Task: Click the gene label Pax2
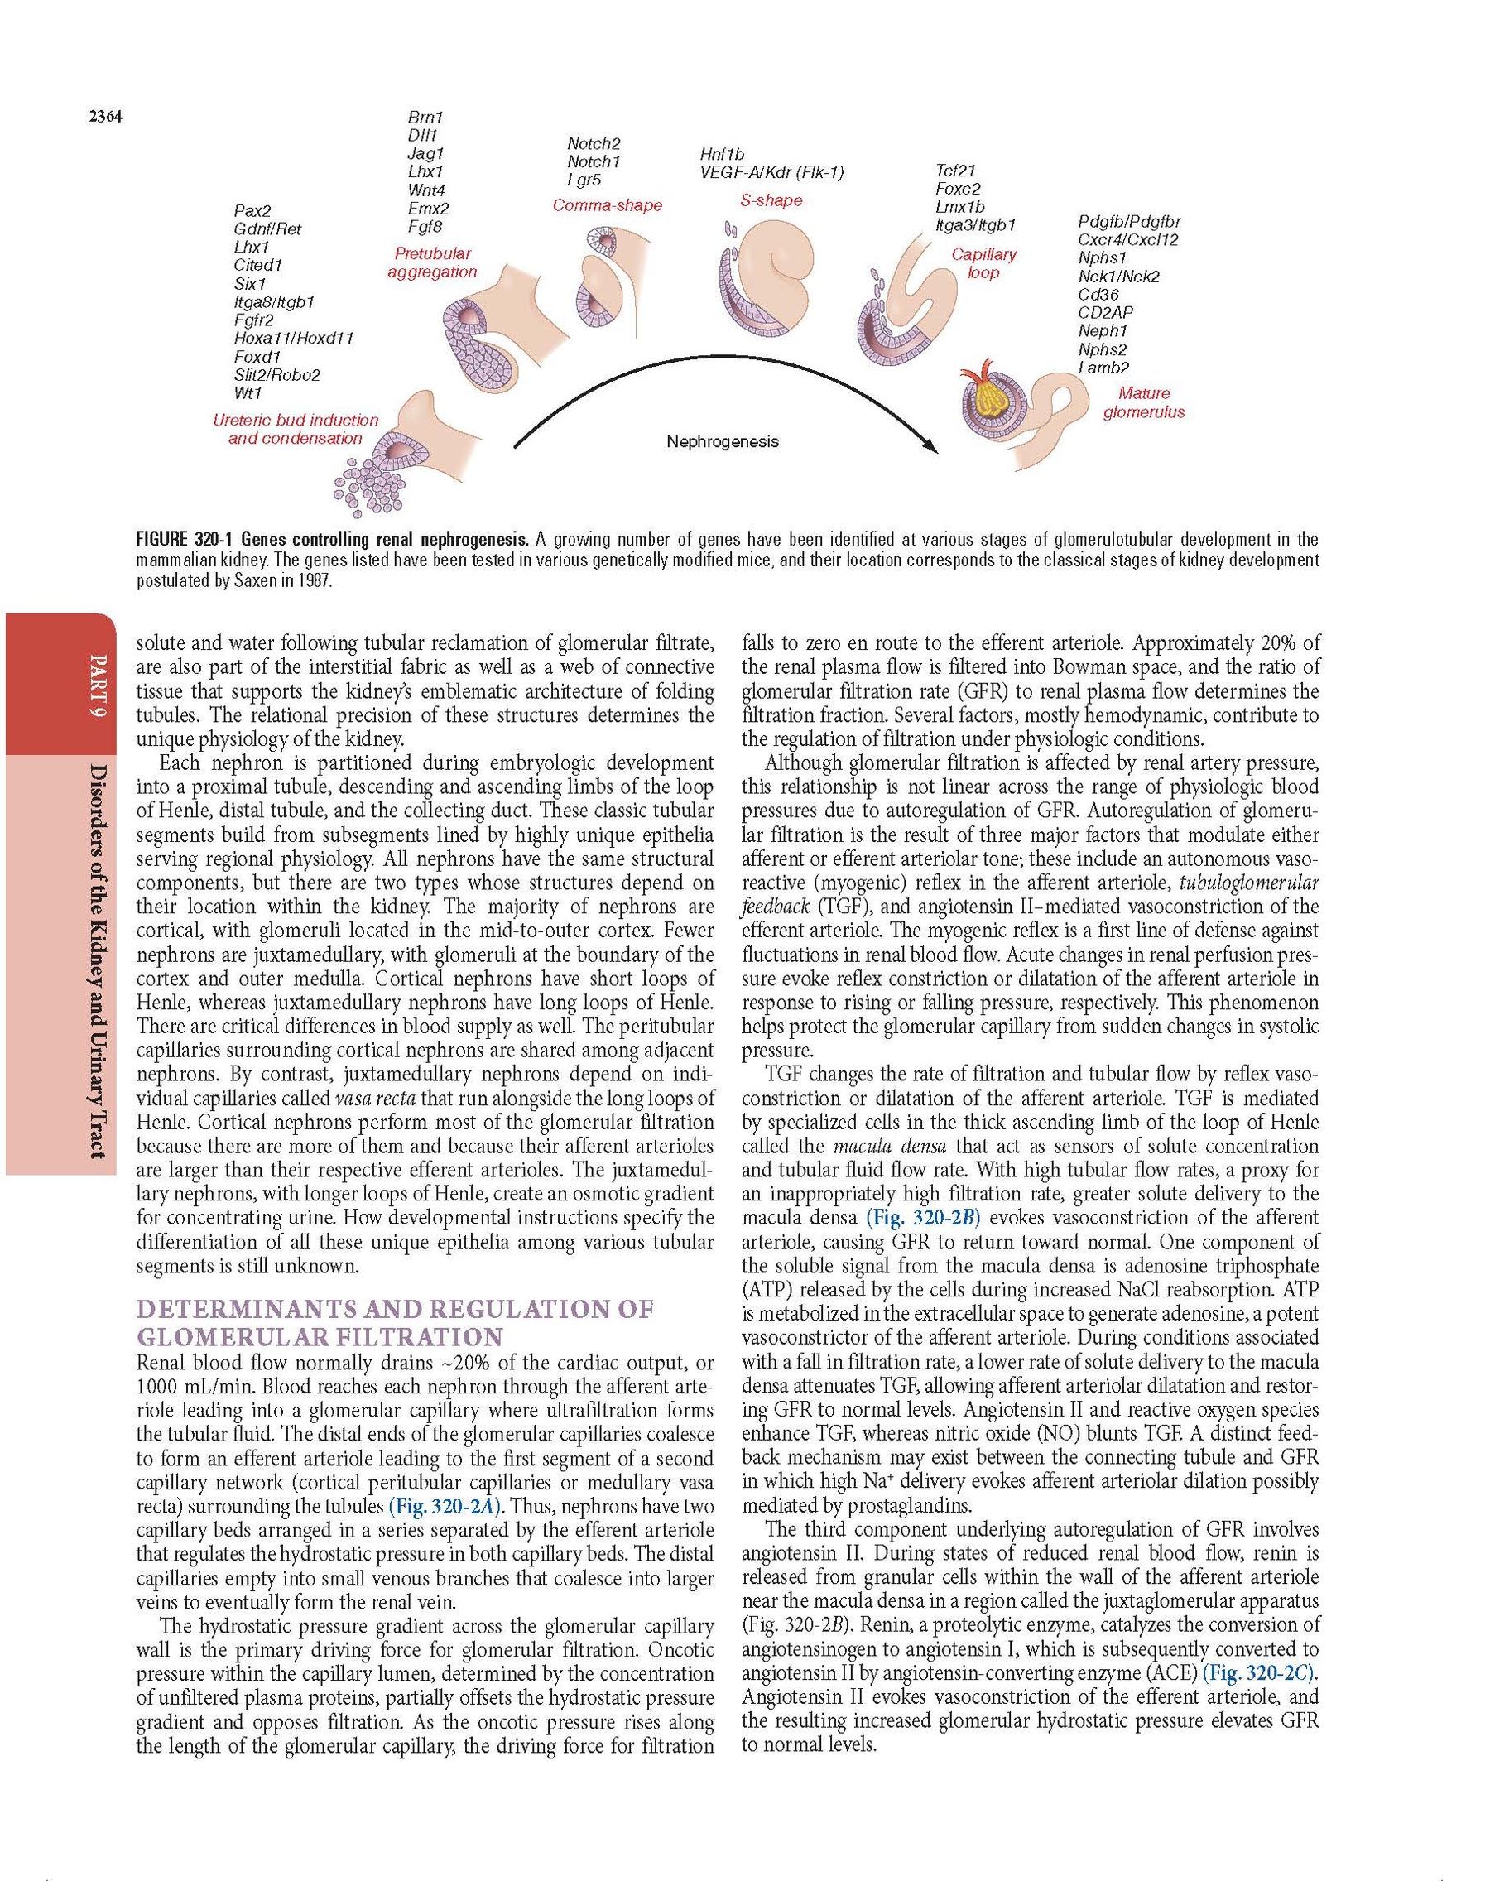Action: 252,210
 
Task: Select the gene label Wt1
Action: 248,393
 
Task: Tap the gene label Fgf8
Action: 425,227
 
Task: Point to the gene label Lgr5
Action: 584,180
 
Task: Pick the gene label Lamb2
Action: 1103,368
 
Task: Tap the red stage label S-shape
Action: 771,200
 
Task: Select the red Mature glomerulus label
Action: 1144,402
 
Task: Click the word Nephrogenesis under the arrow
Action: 723,441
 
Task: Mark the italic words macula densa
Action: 873,1146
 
